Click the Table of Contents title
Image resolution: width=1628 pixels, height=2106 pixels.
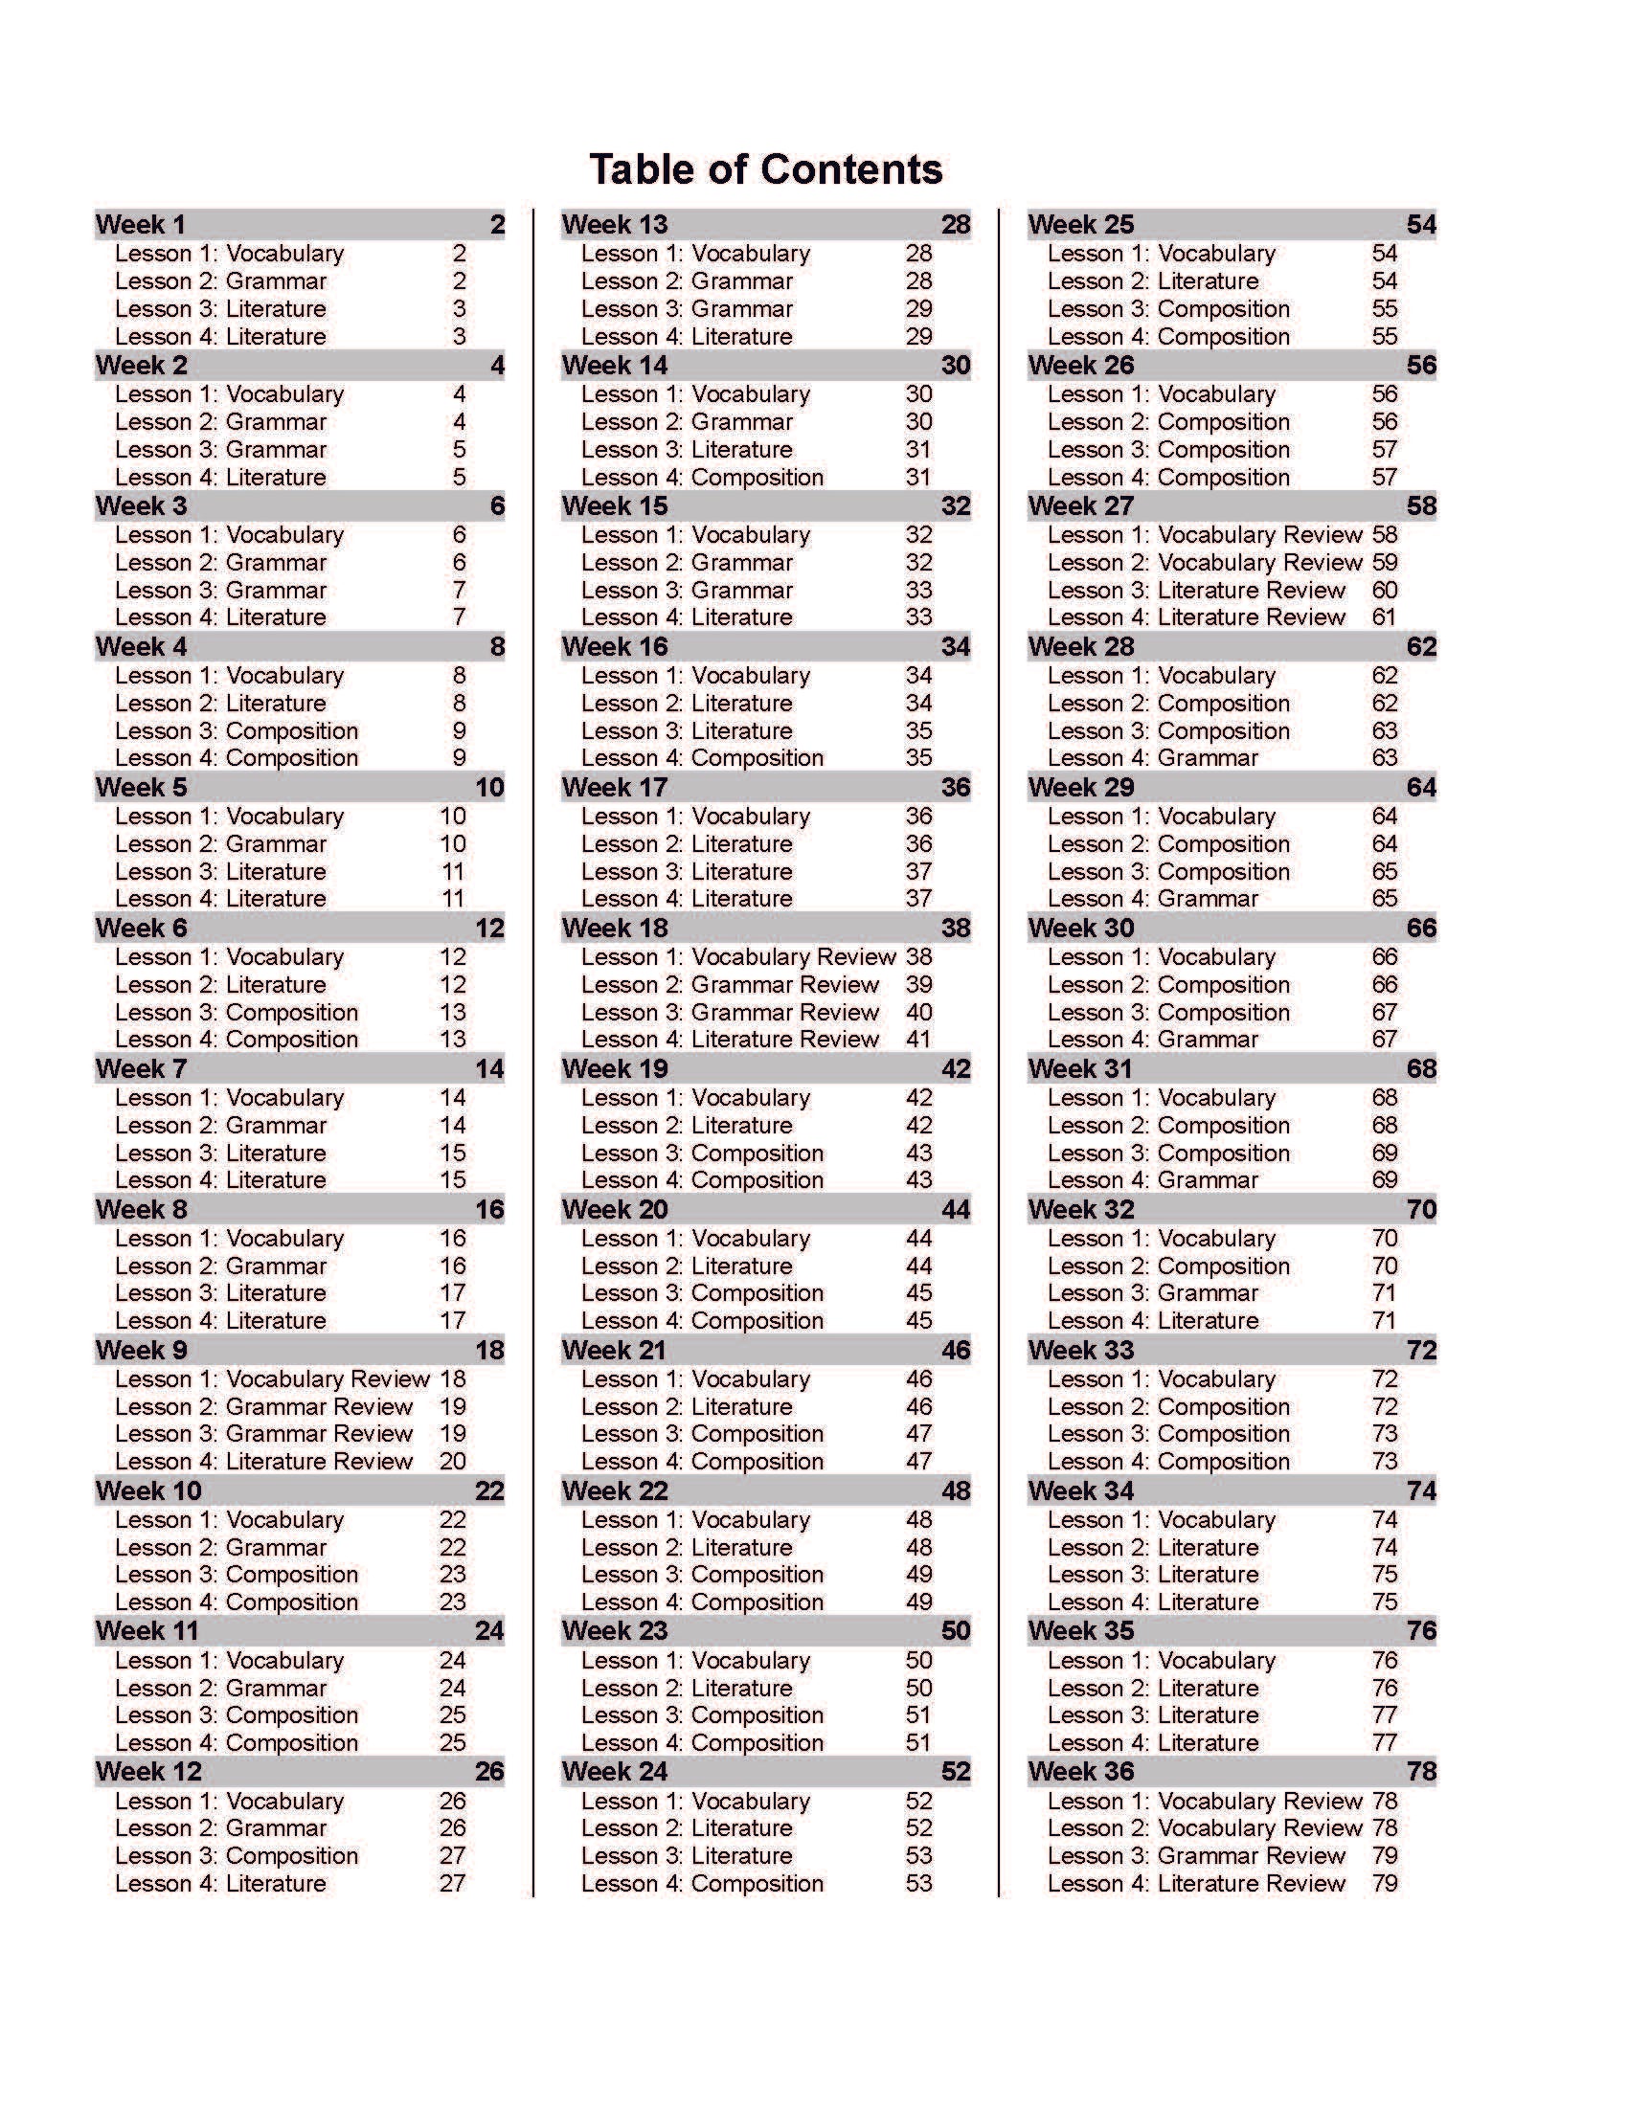[765, 169]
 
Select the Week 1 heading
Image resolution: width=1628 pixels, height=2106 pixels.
[141, 225]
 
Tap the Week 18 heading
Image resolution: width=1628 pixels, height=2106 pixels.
[615, 928]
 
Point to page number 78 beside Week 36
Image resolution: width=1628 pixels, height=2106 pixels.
[1420, 1771]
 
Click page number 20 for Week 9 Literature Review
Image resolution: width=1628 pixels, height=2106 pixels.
[452, 1461]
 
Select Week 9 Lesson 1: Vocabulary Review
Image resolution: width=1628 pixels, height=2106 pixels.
[272, 1378]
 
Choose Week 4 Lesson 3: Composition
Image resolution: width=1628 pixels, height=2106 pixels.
[237, 731]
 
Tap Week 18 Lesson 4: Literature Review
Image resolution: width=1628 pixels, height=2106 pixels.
[730, 1040]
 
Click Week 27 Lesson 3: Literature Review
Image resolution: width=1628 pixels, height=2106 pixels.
[1196, 590]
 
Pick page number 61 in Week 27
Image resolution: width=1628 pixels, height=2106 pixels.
[1384, 617]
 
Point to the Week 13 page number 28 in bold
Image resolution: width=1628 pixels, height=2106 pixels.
[955, 225]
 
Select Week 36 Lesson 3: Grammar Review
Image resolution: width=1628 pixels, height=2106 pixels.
[1196, 1855]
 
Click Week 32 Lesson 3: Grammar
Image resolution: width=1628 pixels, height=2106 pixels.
[1152, 1293]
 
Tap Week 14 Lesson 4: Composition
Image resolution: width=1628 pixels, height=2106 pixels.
[702, 478]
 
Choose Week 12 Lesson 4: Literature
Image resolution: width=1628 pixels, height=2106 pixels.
[220, 1883]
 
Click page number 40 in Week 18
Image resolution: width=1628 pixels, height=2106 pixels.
[918, 1013]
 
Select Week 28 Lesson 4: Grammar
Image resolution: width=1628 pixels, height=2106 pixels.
[1152, 758]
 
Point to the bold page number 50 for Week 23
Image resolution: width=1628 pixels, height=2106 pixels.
[955, 1630]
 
